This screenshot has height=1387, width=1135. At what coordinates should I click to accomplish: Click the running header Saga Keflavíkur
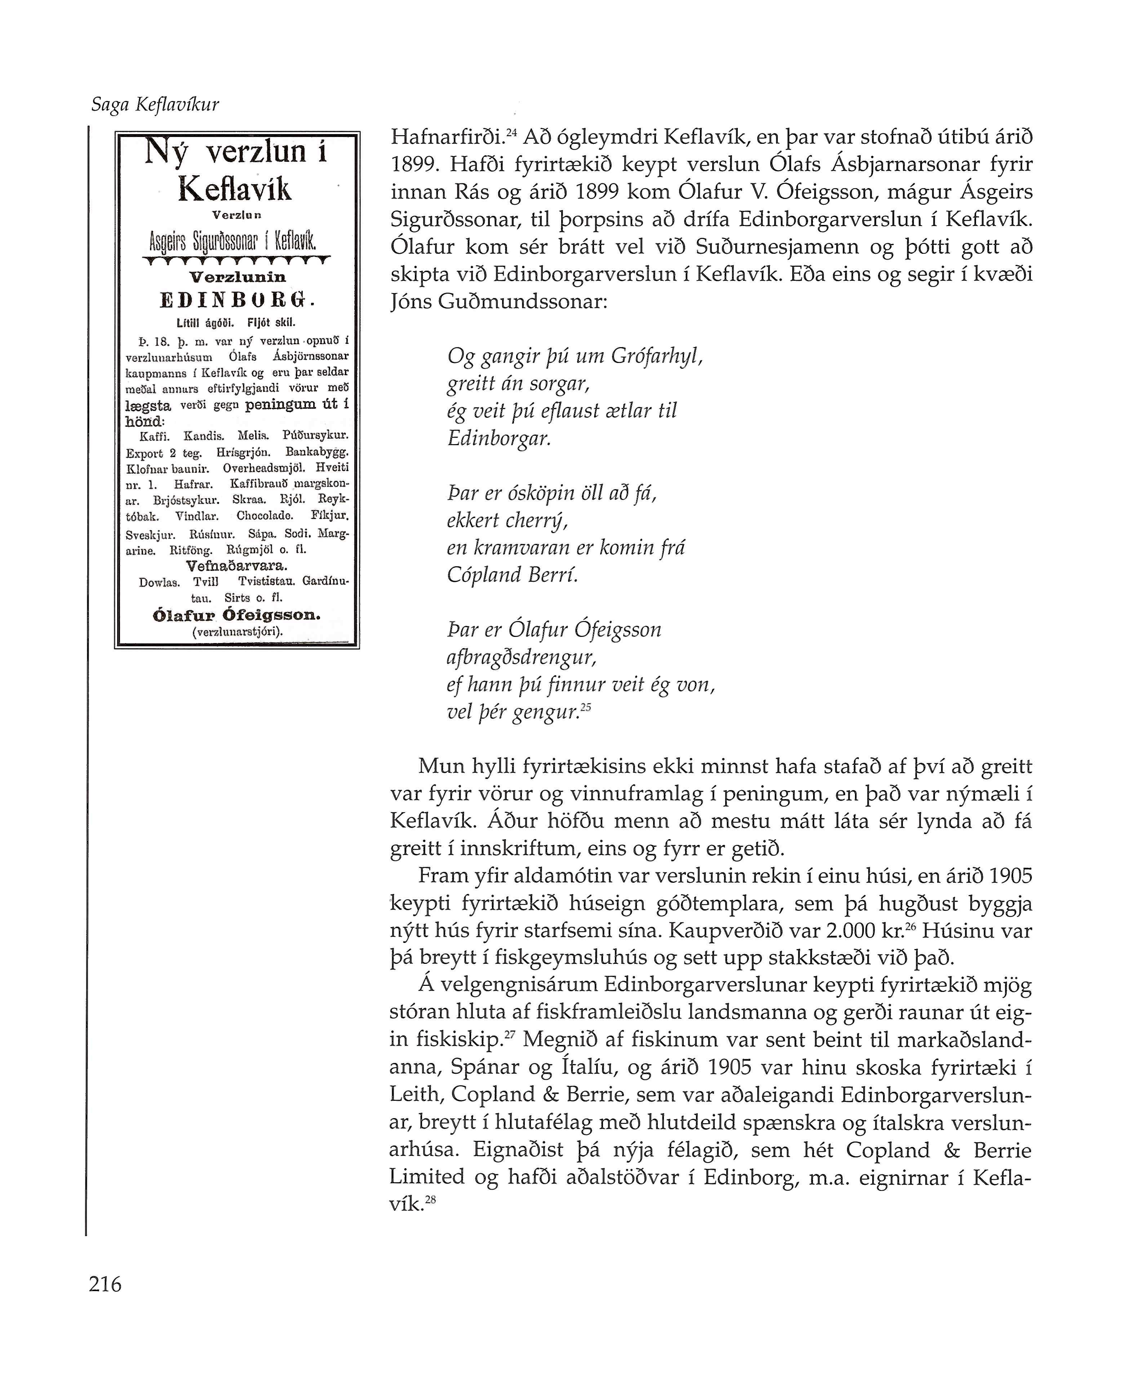click(x=155, y=105)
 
